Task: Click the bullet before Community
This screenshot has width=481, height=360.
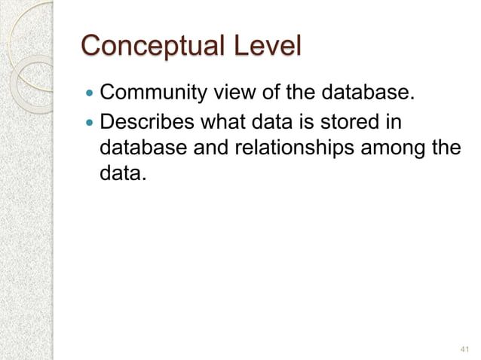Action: coord(90,96)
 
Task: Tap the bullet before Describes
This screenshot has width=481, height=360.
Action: coord(90,123)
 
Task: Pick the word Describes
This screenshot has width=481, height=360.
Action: coord(144,122)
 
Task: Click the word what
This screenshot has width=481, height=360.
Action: coord(216,122)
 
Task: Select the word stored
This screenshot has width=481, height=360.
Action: coord(348,122)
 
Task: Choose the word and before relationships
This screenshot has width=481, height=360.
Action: coord(213,148)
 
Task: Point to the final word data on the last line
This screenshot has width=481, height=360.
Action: coord(120,175)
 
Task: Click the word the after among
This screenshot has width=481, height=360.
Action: coord(443,148)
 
